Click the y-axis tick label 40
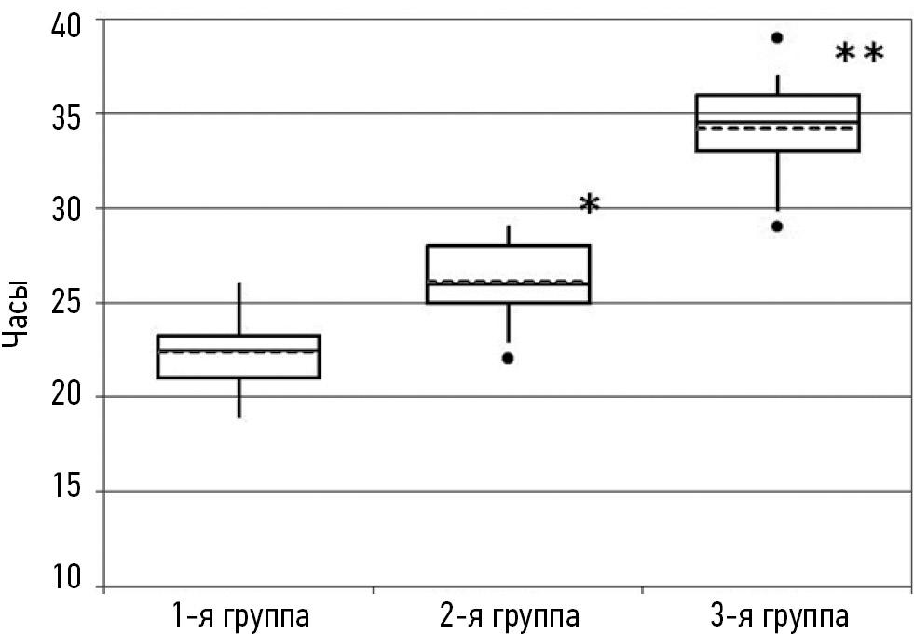65,21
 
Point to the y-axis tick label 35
65,115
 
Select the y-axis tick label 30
65,209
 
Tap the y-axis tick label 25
65,304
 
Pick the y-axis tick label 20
65,398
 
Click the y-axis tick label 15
65,492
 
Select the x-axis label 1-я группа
240,616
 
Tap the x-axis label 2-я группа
509,616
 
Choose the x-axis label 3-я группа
777,616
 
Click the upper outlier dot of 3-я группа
777,37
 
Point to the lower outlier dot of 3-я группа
777,227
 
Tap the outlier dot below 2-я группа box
508,358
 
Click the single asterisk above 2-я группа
589,204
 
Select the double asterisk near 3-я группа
858,54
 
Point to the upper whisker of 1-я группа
240,309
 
